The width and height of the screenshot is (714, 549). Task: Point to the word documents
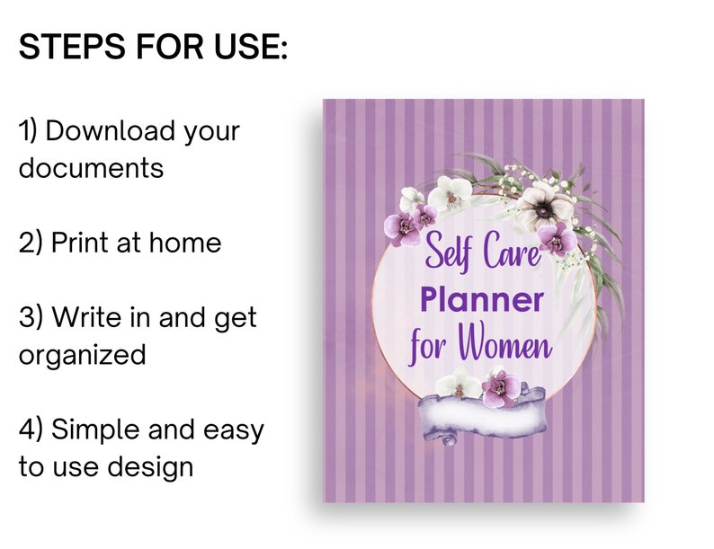tap(91, 168)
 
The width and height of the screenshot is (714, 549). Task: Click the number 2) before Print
tap(31, 242)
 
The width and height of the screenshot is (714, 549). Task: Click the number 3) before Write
tap(31, 317)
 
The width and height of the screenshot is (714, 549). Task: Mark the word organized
tap(82, 355)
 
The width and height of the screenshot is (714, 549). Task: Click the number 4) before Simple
tap(31, 429)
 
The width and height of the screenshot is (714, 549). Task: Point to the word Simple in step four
tap(96, 429)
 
